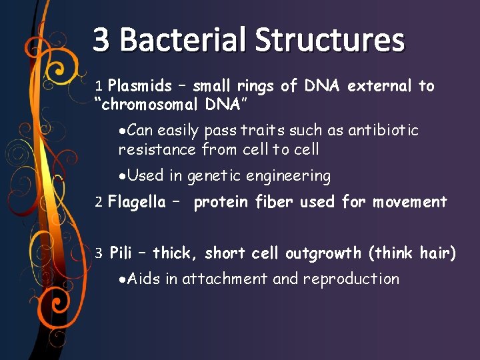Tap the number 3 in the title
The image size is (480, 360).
101,40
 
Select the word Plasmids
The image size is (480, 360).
139,86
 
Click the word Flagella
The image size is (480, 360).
136,202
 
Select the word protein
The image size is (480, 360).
221,202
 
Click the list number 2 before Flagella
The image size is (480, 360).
99,202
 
